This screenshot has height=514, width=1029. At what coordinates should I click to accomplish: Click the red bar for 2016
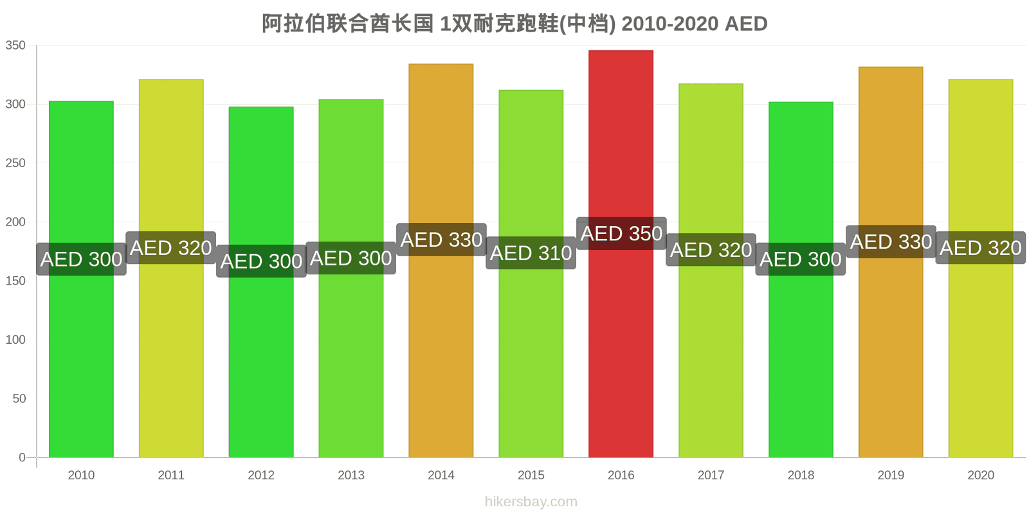click(621, 254)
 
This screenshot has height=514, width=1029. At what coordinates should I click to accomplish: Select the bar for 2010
click(81, 279)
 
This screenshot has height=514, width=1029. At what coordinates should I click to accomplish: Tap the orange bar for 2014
click(441, 261)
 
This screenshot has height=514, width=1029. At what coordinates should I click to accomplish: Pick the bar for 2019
click(891, 262)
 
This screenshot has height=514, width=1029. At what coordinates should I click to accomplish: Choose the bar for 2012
click(261, 282)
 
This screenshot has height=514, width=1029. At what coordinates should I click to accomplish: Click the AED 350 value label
click(621, 234)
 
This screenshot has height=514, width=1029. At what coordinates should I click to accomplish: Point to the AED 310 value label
click(531, 253)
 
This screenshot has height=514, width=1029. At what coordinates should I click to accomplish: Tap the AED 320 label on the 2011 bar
click(171, 248)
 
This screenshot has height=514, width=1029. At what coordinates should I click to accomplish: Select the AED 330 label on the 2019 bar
click(891, 242)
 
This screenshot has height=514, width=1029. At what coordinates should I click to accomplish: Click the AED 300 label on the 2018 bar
click(801, 260)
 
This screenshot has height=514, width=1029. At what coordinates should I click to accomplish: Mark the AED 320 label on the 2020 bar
click(981, 248)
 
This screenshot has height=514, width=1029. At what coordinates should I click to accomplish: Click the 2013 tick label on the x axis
click(351, 475)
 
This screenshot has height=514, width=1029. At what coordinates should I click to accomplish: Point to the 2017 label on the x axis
click(711, 475)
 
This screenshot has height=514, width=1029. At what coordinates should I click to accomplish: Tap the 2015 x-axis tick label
click(531, 475)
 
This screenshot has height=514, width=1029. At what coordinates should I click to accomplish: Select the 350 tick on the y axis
click(15, 46)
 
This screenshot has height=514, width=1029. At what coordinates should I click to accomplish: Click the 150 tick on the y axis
click(15, 281)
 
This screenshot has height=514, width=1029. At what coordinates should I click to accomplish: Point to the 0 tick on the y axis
click(22, 457)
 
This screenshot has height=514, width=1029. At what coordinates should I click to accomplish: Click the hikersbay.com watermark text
click(531, 502)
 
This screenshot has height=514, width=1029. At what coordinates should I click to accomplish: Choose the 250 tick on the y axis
click(15, 163)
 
